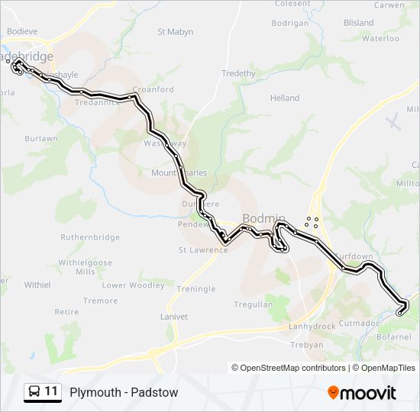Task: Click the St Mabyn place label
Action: [x=175, y=32]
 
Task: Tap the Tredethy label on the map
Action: [x=238, y=73]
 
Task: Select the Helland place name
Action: [x=285, y=98]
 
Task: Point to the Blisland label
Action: [x=359, y=24]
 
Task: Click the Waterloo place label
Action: [x=380, y=38]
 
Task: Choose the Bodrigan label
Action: [x=289, y=24]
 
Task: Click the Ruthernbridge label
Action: [x=90, y=237]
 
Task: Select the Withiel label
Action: [x=37, y=285]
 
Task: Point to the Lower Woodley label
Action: [x=134, y=285]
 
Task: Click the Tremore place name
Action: [x=101, y=301]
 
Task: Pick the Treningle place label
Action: [x=196, y=289]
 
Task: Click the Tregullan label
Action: [x=254, y=304]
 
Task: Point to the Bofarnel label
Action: [x=394, y=336]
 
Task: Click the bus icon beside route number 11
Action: [x=34, y=392]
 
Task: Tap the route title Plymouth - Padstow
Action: [x=124, y=393]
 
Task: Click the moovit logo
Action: [x=362, y=393]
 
